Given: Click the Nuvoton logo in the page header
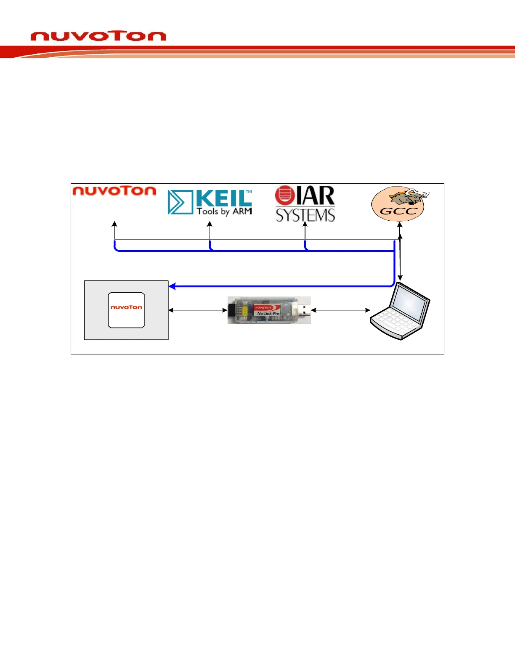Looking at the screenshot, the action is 98,36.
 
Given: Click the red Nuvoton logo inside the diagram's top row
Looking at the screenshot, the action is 114,191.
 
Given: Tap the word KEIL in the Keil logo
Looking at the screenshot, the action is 223,198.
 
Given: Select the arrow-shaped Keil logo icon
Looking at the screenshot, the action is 180,202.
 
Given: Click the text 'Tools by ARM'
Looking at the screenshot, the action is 224,211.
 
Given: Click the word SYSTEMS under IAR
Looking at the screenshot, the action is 305,215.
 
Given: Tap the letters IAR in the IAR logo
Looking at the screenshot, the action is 315,196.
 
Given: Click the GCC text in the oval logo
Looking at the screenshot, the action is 398,211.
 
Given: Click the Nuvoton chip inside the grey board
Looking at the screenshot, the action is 126,310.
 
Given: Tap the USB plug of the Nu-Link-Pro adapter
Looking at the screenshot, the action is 304,310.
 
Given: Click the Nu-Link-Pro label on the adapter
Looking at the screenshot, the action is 268,314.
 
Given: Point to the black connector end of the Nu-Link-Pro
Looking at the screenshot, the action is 231,311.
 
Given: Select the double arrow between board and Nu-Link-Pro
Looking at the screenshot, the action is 198,310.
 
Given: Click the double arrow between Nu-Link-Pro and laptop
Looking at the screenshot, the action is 340,310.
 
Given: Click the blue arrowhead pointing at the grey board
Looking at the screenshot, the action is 172,286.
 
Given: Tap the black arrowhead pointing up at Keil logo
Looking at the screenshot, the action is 210,224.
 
